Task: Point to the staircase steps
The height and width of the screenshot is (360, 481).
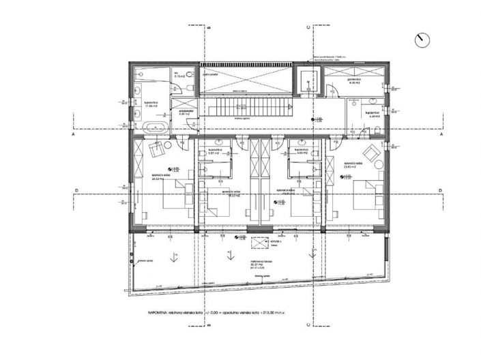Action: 246,108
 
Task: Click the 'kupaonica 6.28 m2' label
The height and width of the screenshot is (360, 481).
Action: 372,114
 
